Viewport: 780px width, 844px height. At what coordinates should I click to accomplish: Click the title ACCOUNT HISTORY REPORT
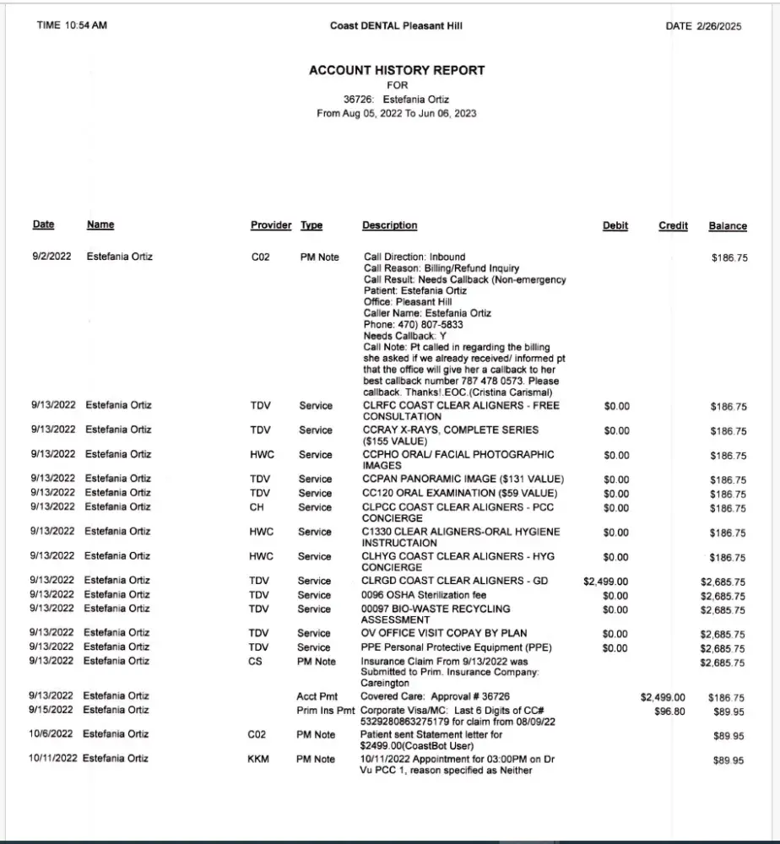[x=397, y=71]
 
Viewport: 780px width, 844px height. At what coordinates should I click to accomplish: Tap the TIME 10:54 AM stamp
[x=72, y=25]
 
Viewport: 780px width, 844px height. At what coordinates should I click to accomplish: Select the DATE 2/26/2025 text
[x=703, y=26]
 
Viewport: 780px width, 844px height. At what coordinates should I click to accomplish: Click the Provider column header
[x=270, y=225]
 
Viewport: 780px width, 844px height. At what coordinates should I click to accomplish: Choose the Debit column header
[x=615, y=225]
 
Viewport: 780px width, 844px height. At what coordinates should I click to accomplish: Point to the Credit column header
[x=673, y=225]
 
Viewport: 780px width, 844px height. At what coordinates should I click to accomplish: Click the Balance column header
[x=728, y=226]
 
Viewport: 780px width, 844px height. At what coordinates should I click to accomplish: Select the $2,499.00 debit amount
[x=606, y=582]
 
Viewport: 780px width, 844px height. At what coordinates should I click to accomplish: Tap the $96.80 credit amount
[x=669, y=711]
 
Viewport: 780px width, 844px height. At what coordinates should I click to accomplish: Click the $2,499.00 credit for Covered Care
[x=663, y=697]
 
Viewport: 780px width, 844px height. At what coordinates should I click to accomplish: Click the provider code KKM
[x=258, y=760]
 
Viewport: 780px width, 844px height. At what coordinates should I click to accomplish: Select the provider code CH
[x=257, y=507]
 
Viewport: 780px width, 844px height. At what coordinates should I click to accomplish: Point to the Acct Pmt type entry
[x=317, y=697]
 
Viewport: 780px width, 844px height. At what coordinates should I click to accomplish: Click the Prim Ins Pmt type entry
[x=326, y=711]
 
